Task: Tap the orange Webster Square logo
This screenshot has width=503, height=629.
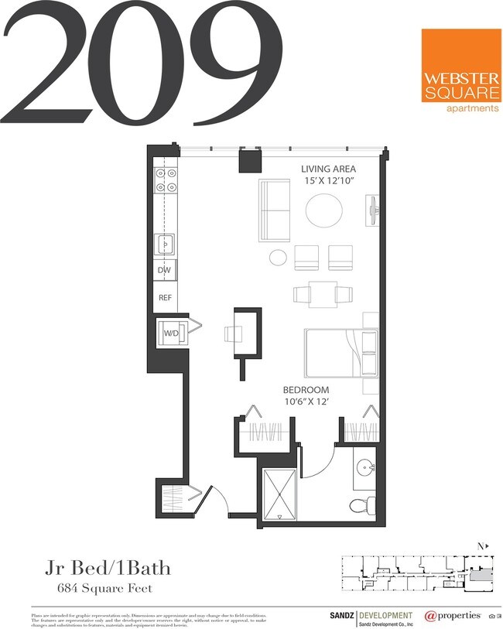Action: (460, 70)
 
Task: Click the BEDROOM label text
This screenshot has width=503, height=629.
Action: (306, 390)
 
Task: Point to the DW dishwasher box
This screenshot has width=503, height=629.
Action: (165, 271)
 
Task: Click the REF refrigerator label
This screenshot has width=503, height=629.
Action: (165, 297)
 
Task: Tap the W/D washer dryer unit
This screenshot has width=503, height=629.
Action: (171, 333)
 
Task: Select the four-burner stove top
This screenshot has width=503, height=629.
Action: (166, 180)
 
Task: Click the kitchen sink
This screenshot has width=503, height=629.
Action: (166, 245)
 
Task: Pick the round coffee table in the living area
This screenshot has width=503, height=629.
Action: (323, 210)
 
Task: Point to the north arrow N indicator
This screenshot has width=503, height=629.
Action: (482, 546)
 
